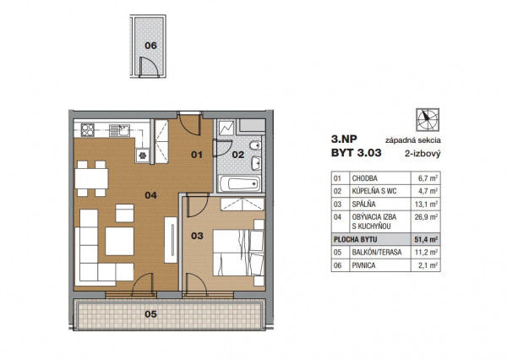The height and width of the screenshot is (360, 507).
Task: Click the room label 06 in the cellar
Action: coord(150,46)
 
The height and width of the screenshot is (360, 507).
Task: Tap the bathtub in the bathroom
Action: coord(240,183)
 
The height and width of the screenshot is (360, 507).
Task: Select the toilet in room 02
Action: coord(256,145)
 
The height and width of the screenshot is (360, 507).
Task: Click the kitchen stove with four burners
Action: coord(88,130)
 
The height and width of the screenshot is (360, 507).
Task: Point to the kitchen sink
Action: coord(120,130)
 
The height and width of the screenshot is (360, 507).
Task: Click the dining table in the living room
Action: coord(91,178)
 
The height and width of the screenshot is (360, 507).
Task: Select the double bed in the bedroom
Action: coord(238,253)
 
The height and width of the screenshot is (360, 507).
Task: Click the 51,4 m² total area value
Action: coord(426,240)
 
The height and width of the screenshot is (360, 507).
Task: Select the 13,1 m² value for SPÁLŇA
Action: coord(426,205)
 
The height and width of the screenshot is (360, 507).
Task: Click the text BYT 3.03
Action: coord(356,152)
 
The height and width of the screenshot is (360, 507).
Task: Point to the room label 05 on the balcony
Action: coord(150,314)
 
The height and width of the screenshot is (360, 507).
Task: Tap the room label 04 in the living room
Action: coord(150,195)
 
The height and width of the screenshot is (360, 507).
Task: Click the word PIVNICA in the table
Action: coord(363,265)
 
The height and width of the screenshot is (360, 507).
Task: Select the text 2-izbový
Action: coord(422,154)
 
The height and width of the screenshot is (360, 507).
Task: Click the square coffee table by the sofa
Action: coord(120,242)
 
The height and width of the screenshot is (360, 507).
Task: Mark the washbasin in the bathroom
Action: coord(256,163)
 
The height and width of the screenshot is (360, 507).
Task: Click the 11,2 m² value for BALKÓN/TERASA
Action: coord(426,253)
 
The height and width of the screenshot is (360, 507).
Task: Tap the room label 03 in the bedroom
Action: coord(197,236)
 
